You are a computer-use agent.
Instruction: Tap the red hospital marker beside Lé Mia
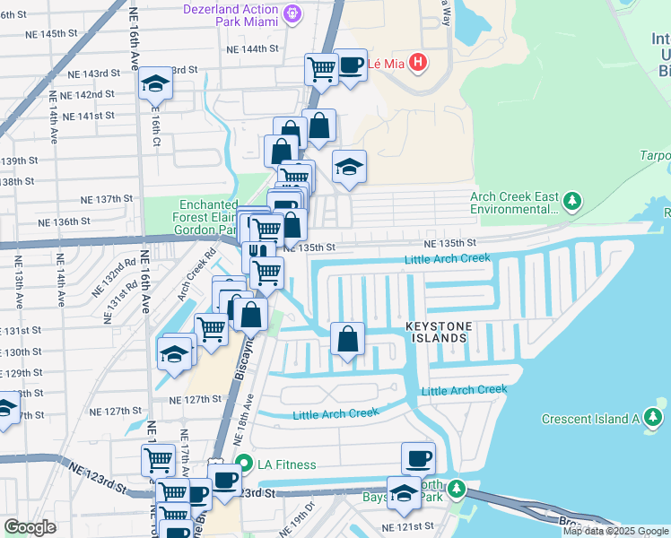click(417, 63)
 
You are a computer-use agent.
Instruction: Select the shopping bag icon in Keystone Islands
click(347, 339)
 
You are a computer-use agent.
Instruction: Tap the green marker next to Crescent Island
click(653, 418)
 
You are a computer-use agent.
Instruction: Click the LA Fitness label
click(286, 464)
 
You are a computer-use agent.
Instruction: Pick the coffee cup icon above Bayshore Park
click(418, 458)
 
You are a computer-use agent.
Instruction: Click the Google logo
click(30, 527)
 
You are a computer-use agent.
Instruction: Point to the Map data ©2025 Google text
click(616, 531)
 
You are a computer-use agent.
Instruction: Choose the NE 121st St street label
click(407, 526)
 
